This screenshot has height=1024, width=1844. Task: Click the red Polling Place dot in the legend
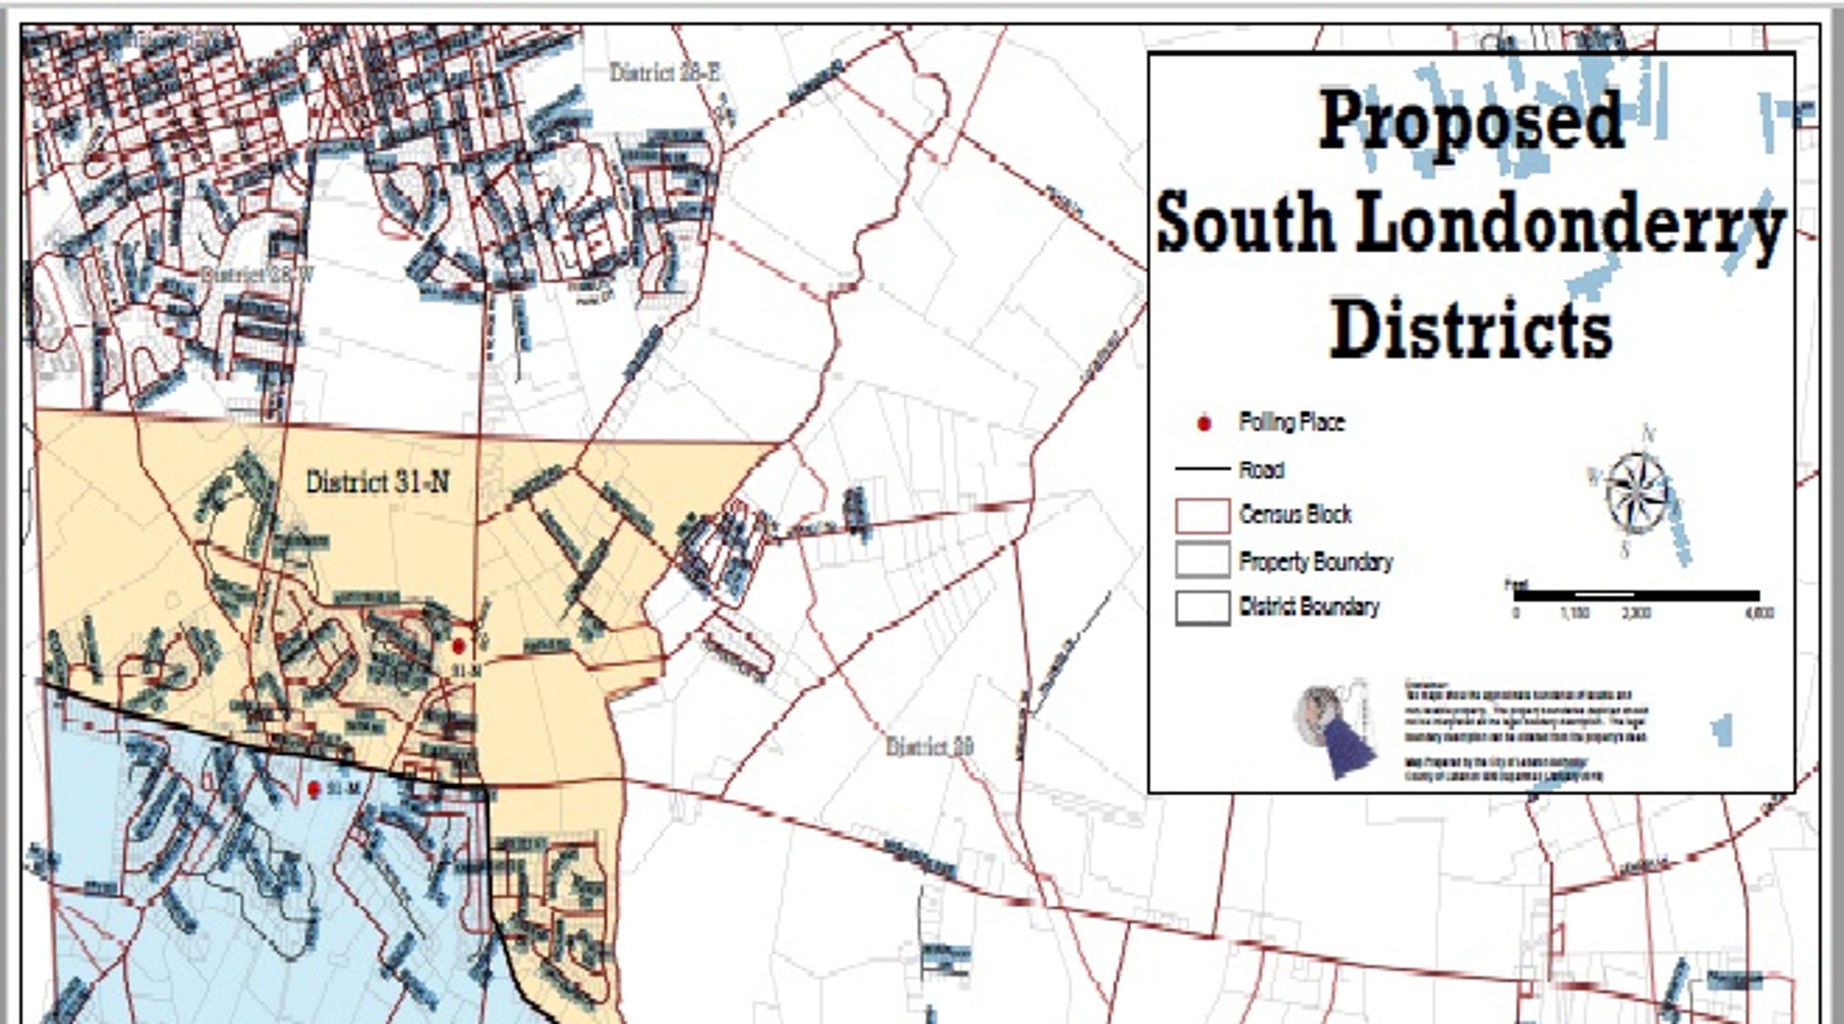point(1204,424)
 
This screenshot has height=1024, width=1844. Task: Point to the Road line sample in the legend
point(1202,469)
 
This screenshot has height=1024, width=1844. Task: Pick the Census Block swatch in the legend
point(1202,516)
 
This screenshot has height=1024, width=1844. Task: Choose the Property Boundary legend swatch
point(1202,561)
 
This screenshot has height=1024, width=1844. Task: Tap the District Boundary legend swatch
point(1202,608)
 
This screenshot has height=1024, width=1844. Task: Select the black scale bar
point(1636,595)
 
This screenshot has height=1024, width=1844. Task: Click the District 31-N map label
point(377,482)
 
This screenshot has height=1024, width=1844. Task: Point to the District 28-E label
point(664,73)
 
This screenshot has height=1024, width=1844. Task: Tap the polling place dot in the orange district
point(459,646)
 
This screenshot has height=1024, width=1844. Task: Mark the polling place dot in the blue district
point(313,789)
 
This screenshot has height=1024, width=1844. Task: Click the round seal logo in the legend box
point(1321,716)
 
